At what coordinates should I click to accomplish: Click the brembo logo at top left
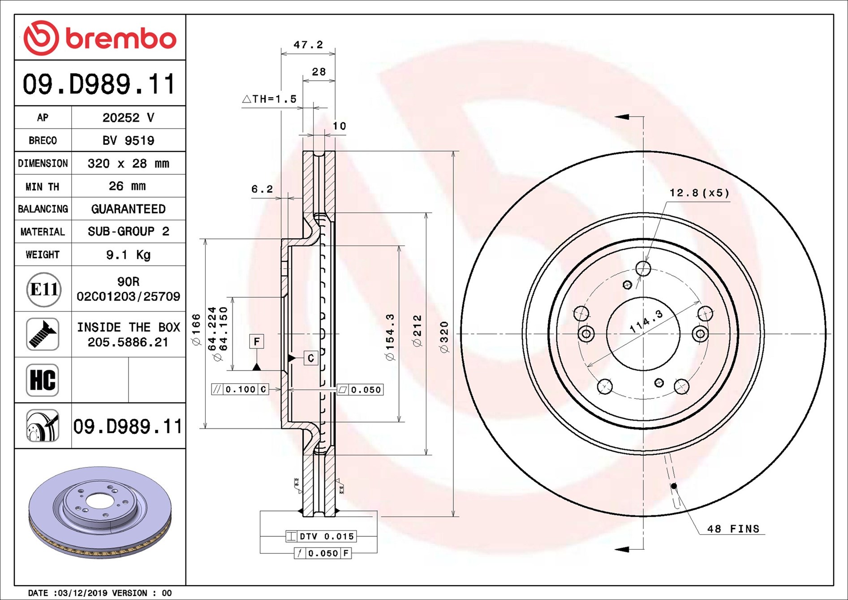pos(99,38)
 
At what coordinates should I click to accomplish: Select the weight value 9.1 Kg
pos(128,255)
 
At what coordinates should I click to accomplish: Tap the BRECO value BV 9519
pos(128,141)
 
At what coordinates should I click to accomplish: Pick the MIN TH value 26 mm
pos(127,186)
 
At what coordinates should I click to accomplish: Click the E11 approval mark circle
pos(43,289)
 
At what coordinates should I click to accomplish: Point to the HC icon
pos(43,380)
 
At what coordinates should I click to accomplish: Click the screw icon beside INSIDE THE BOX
pos(43,334)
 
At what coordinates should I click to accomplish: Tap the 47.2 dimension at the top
pos(308,44)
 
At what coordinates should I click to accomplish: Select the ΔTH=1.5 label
pos(269,99)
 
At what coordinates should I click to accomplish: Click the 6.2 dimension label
pos(262,189)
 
